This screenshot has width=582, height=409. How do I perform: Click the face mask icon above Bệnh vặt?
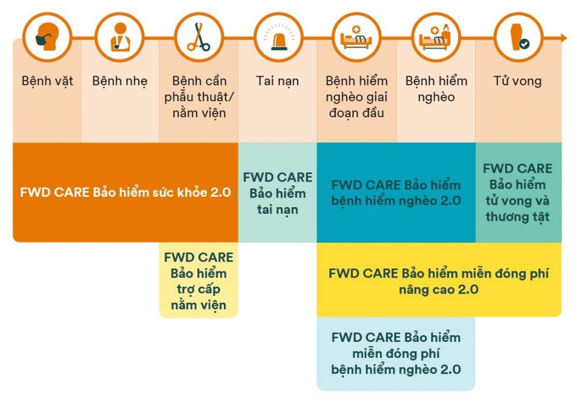47,38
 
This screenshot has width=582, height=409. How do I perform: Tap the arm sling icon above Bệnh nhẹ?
119,38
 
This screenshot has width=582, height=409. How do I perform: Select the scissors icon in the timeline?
198,38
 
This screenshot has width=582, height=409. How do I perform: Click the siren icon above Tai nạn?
277,38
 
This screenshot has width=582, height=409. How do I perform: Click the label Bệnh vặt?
47,81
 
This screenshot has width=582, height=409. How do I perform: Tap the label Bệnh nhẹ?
119,81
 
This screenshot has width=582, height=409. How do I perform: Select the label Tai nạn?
277,81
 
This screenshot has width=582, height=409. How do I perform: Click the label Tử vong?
518,81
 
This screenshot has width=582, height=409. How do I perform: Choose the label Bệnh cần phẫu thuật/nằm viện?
198,97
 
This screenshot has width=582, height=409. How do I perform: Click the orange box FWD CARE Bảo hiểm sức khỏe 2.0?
125,192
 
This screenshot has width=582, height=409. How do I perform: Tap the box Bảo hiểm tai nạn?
277,193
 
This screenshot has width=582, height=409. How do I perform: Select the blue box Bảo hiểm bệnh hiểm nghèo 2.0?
396,193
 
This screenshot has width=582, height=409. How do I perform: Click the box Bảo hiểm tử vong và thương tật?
518,193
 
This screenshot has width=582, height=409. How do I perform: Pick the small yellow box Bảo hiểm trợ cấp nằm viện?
198,281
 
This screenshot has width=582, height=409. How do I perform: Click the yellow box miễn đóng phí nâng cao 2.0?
438,280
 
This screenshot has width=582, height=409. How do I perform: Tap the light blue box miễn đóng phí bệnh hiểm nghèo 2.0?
396,353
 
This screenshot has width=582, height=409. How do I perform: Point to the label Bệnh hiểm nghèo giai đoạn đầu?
356,97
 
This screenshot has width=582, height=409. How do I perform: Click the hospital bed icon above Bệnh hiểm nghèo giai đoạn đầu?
356,38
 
